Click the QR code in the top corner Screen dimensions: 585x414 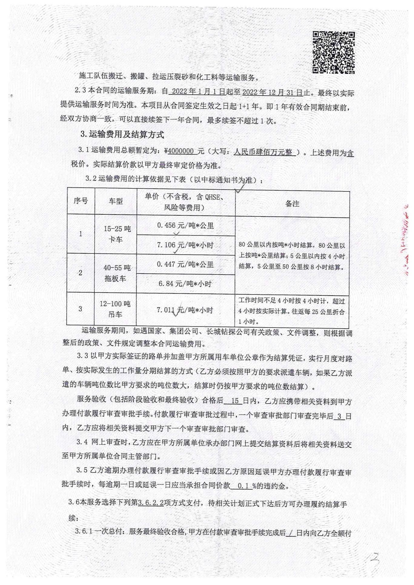(x=333, y=52)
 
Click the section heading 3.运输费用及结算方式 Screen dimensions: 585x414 (x=122, y=135)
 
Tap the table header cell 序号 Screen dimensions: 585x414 (x=81, y=201)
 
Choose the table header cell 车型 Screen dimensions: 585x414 (x=116, y=201)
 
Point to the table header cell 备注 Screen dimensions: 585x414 (x=292, y=204)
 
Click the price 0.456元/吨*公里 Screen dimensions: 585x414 (x=185, y=226)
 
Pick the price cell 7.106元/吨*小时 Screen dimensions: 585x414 (x=185, y=245)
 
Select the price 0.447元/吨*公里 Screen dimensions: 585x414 (x=185, y=264)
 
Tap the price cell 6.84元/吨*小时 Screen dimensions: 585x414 (x=185, y=284)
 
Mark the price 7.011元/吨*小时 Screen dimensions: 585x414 (x=185, y=310)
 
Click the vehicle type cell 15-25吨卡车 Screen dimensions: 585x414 (x=117, y=234)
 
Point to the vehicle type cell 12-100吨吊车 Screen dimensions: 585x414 (x=115, y=309)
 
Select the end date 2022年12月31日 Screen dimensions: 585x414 (x=273, y=93)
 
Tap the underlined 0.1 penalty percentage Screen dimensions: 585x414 (x=243, y=486)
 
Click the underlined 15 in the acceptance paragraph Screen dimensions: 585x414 (x=235, y=401)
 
